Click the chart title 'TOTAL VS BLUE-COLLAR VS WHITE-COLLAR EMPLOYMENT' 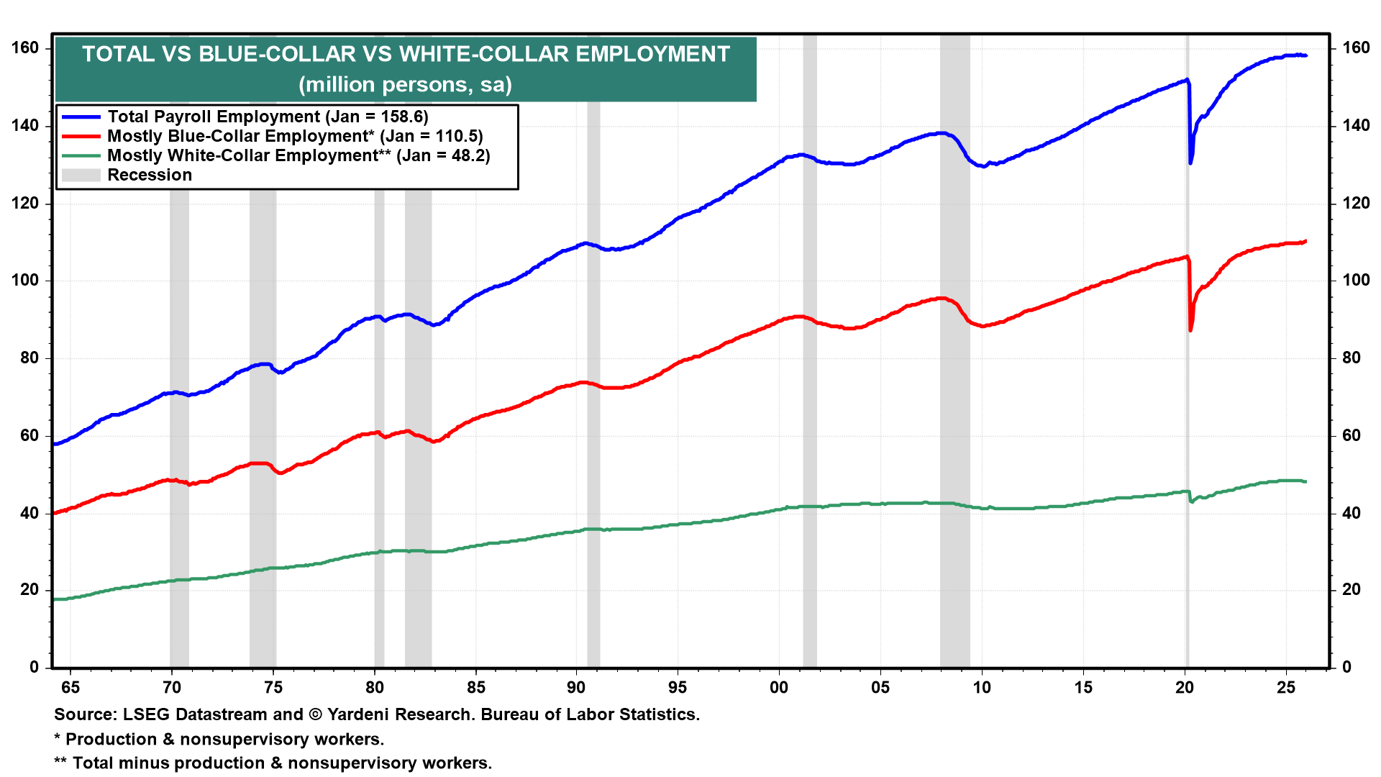coord(406,55)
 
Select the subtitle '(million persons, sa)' coord(406,85)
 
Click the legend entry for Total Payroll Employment coord(268,117)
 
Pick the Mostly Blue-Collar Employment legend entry coord(295,136)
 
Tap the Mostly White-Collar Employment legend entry coord(298,155)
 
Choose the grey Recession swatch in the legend coord(81,175)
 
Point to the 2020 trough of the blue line coord(1190,163)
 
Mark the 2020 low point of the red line coord(1190,330)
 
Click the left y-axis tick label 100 coord(25,280)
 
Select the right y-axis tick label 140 coord(1356,125)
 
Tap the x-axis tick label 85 coord(475,687)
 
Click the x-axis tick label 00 coord(779,687)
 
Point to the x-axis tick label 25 coord(1286,687)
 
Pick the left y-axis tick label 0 coord(34,667)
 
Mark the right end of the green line coord(1305,481)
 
